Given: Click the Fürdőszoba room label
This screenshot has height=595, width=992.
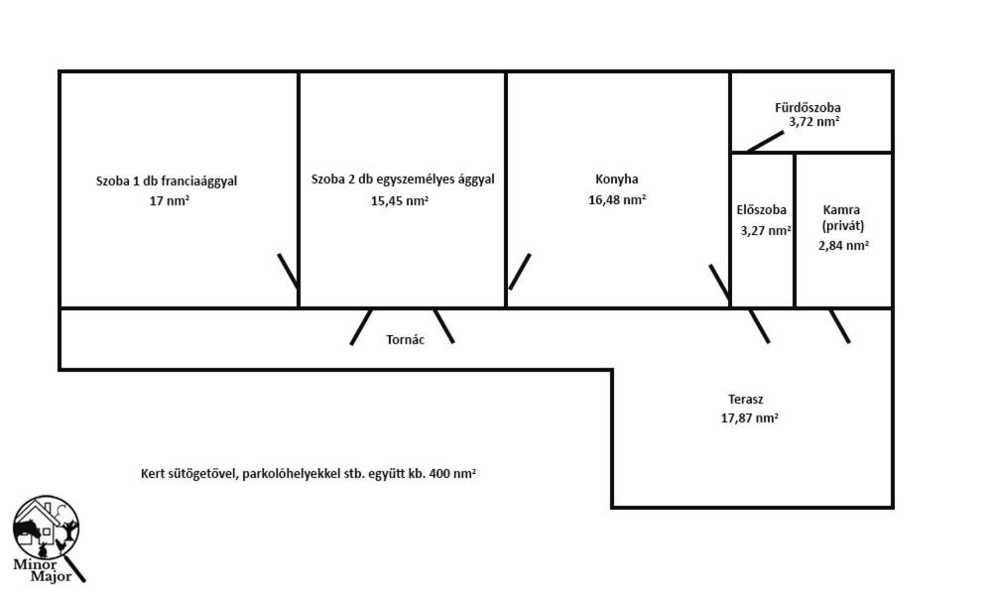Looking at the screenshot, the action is coord(807,107).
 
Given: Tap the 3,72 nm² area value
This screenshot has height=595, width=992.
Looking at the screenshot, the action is coord(814,122).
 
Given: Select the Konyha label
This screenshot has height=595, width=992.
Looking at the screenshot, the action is coord(617,178).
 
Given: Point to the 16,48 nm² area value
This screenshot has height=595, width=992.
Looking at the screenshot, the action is coord(617,199).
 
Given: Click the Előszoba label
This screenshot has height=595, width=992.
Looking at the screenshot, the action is coord(762,210).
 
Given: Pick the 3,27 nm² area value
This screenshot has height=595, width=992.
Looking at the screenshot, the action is coord(766,231).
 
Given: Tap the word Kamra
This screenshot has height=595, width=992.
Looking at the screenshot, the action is coord(841,210).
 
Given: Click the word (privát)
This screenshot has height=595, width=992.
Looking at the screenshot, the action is coord(842,226).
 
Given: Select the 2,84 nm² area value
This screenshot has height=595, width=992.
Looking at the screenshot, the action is coord(843,245).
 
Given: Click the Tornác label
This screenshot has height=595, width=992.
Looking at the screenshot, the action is coord(406,339).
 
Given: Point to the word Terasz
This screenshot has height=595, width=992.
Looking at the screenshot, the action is coord(745,400).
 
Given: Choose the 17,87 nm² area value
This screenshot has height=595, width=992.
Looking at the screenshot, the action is coord(750,417).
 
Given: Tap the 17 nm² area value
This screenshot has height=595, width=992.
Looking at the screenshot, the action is coord(170,201).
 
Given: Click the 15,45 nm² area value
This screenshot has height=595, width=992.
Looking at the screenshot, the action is coord(399,201).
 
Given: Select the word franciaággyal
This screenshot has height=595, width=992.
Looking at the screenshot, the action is coord(198,181).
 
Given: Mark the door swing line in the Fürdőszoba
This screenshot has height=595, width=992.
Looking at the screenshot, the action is coord(766,142).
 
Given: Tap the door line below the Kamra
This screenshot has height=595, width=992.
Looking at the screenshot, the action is coord(839,326).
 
